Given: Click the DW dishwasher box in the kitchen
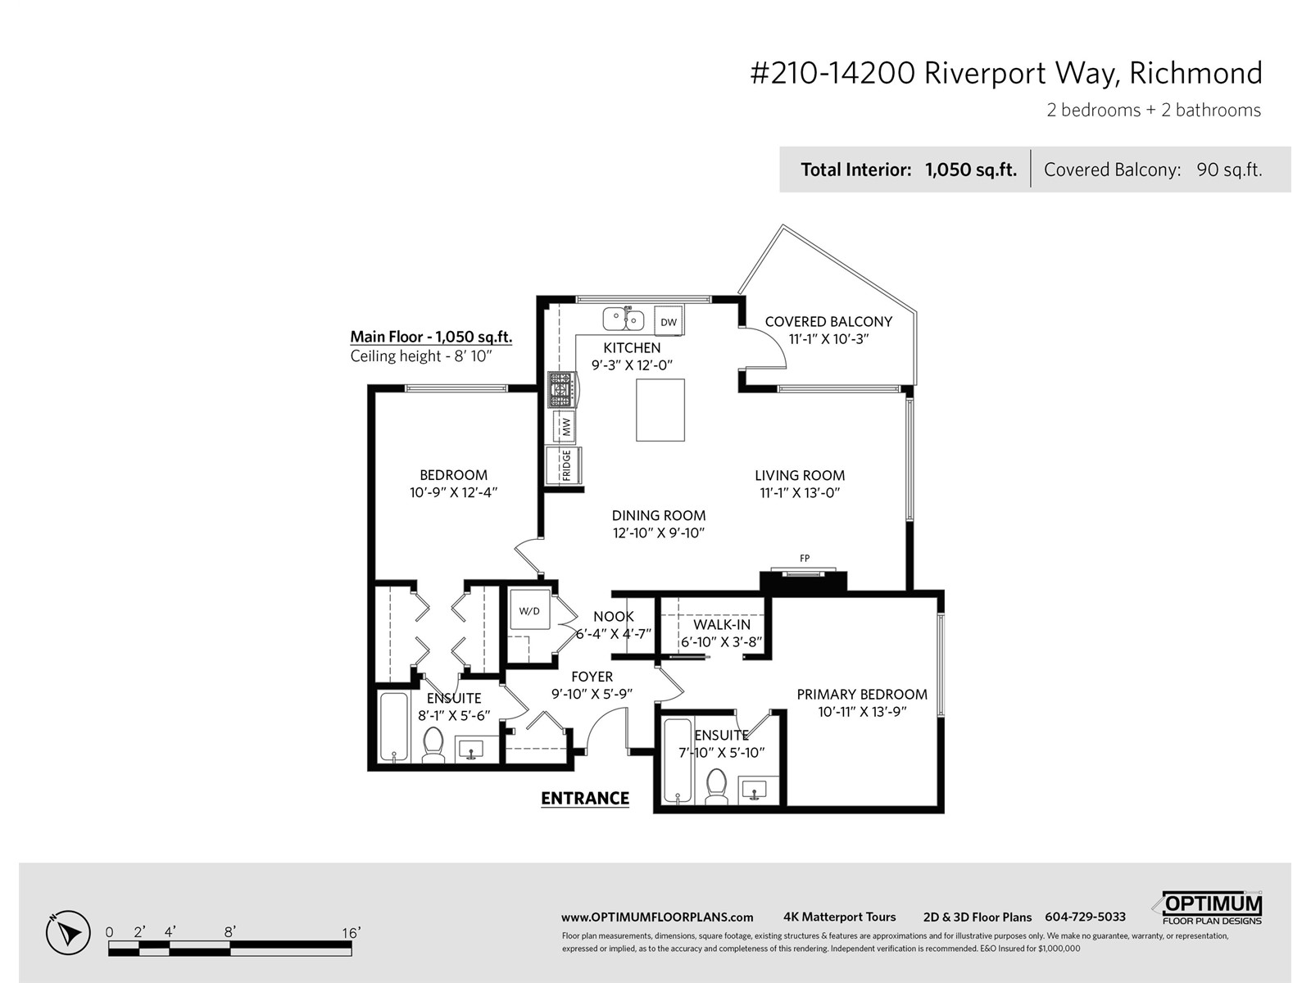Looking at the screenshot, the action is (669, 320).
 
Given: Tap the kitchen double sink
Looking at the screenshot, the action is (623, 319).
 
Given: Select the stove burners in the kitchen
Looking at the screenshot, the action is (561, 390).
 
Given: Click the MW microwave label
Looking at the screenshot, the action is (566, 426).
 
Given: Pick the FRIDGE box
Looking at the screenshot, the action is (564, 465).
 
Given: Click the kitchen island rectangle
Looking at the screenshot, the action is (660, 410).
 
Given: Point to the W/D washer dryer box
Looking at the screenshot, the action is (529, 610).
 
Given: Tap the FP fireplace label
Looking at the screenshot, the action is (805, 558).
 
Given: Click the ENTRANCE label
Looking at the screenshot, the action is (585, 799).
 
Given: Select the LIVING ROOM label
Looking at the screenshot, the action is (800, 475).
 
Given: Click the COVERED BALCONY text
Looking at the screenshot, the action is (828, 322).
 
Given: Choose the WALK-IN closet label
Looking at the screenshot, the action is (722, 624).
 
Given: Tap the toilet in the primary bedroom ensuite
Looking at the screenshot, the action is (716, 786).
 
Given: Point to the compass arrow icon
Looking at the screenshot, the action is (68, 932).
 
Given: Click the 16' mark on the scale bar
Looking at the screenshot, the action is (352, 933).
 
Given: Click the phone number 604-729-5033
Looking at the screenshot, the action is (1085, 917).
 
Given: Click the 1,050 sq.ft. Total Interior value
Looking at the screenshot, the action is (971, 170).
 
